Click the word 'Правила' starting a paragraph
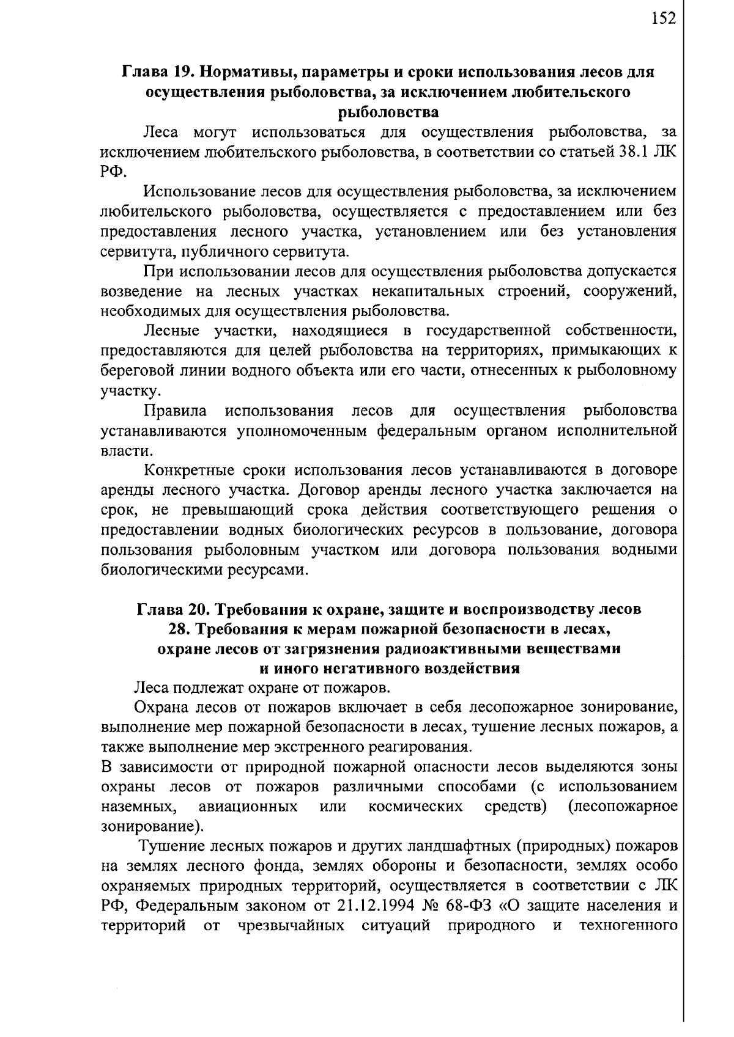pyautogui.click(x=175, y=410)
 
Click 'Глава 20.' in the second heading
pyautogui.click(x=169, y=609)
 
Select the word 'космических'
pyautogui.click(x=415, y=806)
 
